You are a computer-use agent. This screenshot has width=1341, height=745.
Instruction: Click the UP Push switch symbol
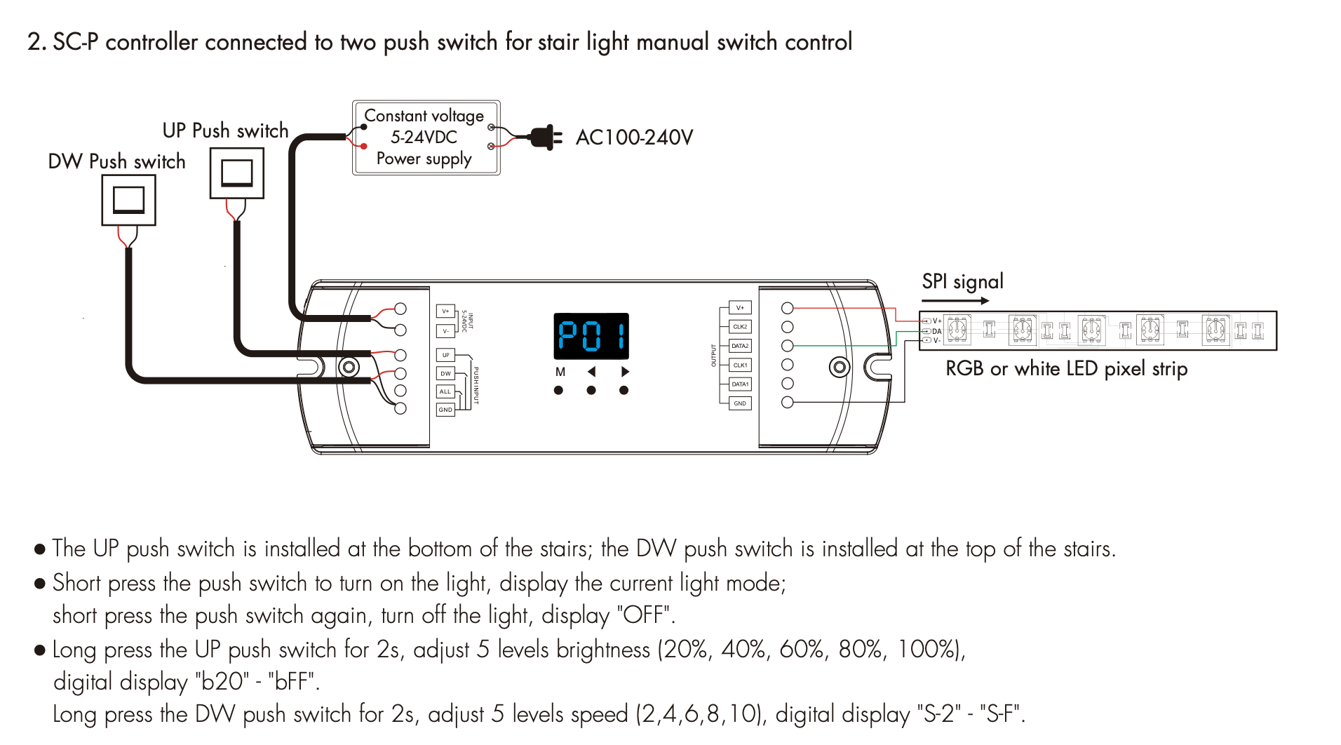[x=237, y=173]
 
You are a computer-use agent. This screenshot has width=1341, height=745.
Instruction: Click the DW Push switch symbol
[x=128, y=200]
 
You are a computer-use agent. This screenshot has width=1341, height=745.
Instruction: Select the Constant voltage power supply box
[x=426, y=137]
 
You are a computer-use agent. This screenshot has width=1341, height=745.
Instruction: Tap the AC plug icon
[x=544, y=137]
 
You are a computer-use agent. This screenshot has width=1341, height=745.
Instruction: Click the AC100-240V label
[x=634, y=137]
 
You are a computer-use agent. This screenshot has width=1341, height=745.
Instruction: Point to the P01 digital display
[x=591, y=336]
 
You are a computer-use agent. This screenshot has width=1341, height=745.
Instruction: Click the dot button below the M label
[x=558, y=390]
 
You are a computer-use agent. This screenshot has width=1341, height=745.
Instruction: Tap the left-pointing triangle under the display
[x=591, y=372]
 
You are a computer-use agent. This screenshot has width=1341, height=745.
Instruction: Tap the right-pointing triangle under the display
[x=625, y=372]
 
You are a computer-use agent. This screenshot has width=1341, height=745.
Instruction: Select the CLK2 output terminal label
[x=740, y=327]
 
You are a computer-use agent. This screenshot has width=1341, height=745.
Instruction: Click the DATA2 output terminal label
[x=740, y=346]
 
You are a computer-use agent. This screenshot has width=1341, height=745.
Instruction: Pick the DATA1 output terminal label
[x=740, y=384]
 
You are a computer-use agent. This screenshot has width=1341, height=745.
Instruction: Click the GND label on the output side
[x=740, y=403]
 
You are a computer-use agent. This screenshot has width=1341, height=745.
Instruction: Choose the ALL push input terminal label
[x=445, y=391]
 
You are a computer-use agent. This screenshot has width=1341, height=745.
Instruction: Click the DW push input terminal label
[x=445, y=373]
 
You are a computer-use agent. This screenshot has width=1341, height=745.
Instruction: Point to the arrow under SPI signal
[x=955, y=301]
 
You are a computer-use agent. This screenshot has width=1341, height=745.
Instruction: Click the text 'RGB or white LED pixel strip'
[x=1066, y=368]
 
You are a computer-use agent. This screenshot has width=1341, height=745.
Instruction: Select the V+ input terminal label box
[x=445, y=311]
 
